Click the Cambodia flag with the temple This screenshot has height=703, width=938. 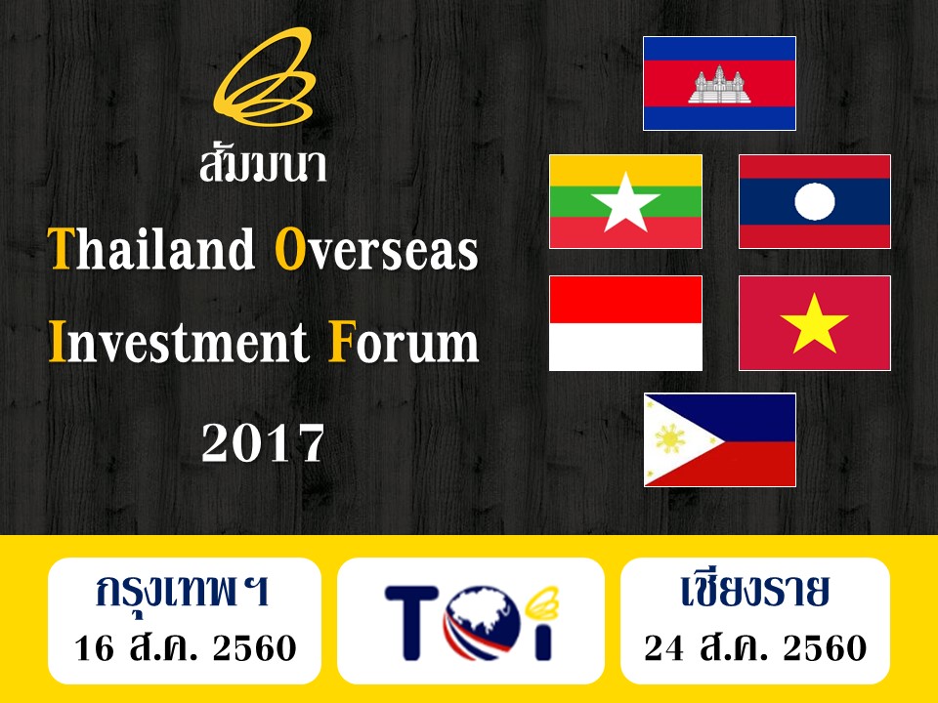tap(719, 83)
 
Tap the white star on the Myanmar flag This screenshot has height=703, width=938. tap(625, 203)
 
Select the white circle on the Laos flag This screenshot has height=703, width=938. tap(814, 201)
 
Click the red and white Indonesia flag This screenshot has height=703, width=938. tap(625, 323)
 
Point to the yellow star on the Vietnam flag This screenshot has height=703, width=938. tap(814, 324)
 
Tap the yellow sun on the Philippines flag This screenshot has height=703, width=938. tap(670, 439)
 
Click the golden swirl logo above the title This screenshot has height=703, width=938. tap(264, 76)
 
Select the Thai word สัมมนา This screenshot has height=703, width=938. tap(263, 163)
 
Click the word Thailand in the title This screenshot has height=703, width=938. tap(151, 248)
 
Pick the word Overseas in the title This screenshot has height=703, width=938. tap(377, 248)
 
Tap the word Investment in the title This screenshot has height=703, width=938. tap(179, 342)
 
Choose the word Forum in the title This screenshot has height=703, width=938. tap(404, 342)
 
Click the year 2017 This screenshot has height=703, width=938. tap(263, 443)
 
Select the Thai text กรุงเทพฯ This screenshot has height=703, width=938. tap(183, 590)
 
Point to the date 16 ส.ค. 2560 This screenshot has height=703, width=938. tap(186, 646)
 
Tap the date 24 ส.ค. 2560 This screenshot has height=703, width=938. tap(755, 646)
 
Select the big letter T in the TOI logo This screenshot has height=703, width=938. tap(412, 623)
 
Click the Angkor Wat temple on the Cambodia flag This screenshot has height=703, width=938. tap(719, 85)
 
